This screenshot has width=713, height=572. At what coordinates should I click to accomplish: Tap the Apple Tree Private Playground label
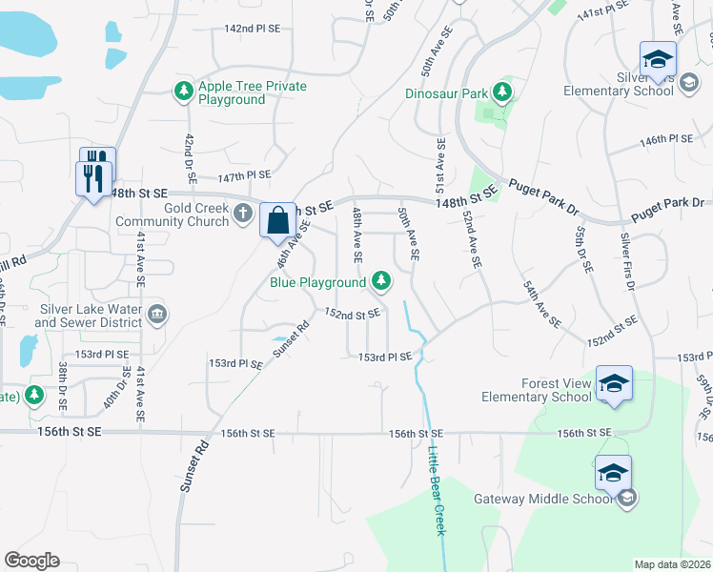pos(252,92)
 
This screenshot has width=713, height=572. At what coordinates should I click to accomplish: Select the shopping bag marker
pos(277,219)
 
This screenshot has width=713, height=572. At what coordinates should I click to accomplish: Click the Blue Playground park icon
pos(381,280)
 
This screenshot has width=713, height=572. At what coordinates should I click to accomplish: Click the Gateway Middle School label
pos(542,499)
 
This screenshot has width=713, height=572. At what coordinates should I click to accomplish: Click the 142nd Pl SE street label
pos(252,30)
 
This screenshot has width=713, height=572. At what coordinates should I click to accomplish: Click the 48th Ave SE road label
pos(357,235)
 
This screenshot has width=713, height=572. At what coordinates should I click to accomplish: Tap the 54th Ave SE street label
pos(540,299)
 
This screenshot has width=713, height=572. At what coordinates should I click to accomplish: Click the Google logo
pos(31,560)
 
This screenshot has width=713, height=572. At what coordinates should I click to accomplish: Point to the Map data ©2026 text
pos(672,564)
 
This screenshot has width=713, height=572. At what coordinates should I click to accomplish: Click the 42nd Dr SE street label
pos(188,153)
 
